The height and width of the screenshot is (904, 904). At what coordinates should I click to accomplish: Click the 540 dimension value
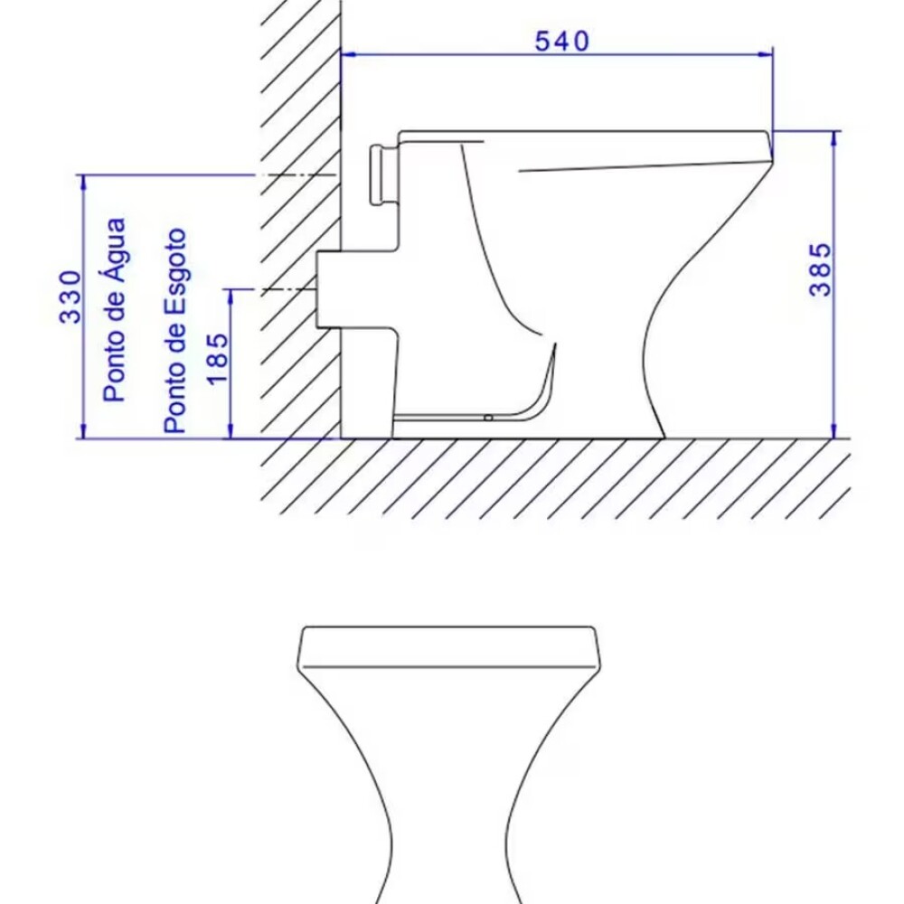click(x=562, y=42)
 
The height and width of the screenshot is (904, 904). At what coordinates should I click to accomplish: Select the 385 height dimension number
click(x=820, y=269)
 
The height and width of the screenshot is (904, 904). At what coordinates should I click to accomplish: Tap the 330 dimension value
click(x=71, y=297)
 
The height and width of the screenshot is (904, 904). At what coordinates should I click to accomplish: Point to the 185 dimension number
click(x=217, y=359)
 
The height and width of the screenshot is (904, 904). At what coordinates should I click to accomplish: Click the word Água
click(x=115, y=250)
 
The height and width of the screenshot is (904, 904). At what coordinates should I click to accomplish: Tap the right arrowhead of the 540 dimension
click(x=766, y=55)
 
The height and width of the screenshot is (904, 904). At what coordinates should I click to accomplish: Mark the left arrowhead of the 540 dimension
click(x=349, y=55)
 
